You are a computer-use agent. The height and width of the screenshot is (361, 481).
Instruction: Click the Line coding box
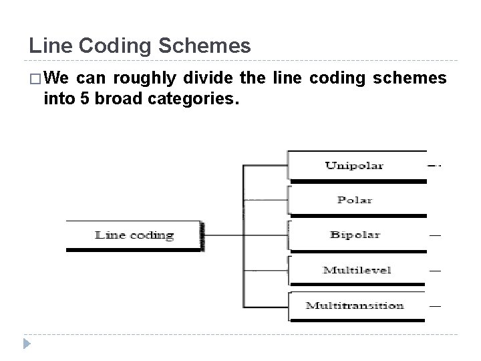pyautogui.click(x=134, y=235)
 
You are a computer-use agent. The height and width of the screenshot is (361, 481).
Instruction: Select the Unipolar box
pyautogui.click(x=355, y=165)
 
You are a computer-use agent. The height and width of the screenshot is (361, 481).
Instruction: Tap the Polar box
pyautogui.click(x=355, y=200)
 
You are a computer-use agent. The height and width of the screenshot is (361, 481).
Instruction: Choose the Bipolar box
pyautogui.click(x=355, y=235)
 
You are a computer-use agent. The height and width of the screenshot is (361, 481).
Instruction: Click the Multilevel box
pyautogui.click(x=355, y=270)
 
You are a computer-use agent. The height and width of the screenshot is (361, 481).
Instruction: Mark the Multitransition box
pyautogui.click(x=355, y=306)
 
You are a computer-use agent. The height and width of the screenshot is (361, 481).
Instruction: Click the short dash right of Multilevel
pyautogui.click(x=435, y=270)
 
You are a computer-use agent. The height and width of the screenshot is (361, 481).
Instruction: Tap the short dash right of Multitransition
pyautogui.click(x=435, y=306)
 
